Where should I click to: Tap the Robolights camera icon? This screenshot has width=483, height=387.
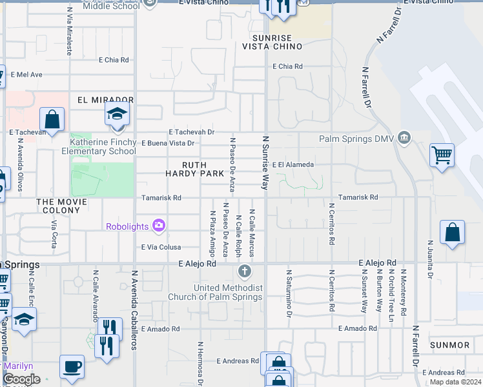(x=159, y=225)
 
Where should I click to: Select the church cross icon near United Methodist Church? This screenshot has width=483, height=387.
(x=243, y=270)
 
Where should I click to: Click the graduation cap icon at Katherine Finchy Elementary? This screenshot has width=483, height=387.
(x=116, y=115)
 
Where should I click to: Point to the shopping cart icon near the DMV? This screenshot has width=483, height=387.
(x=442, y=155)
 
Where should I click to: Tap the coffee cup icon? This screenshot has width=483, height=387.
(x=72, y=366)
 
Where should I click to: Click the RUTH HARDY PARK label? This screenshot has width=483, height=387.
(x=194, y=170)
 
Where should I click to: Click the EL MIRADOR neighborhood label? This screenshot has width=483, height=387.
(x=105, y=100)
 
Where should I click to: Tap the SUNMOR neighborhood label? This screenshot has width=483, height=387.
(x=449, y=345)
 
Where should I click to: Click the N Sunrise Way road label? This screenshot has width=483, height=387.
(x=265, y=162)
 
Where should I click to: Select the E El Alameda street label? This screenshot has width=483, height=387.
(x=293, y=164)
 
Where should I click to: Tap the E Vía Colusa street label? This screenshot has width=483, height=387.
(x=161, y=247)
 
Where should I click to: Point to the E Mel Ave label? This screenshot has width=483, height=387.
(x=26, y=75)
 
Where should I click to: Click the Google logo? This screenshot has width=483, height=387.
(x=21, y=379)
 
